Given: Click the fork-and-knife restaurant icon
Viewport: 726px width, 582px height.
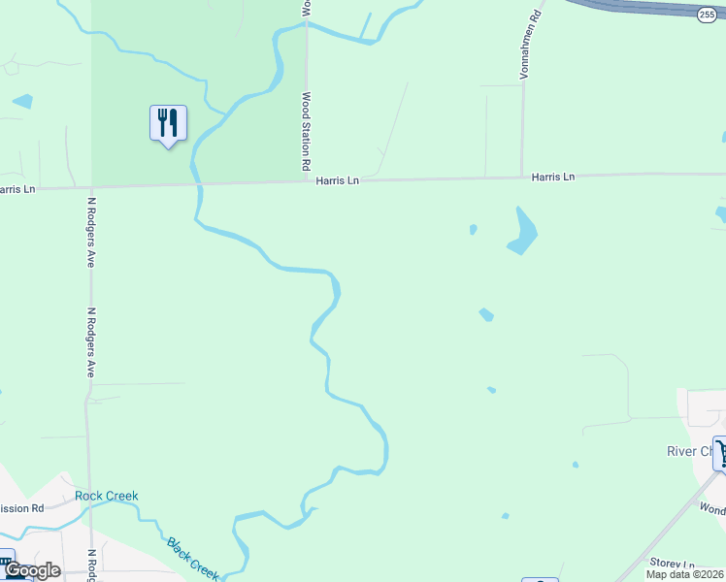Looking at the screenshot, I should click(x=168, y=122).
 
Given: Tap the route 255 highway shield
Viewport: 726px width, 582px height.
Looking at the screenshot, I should click(x=706, y=12).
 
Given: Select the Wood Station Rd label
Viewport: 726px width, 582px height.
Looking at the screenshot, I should click(x=306, y=126).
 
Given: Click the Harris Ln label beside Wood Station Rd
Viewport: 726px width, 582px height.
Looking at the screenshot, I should click(x=337, y=180).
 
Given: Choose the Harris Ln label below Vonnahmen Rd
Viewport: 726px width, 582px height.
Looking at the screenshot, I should click(x=553, y=177).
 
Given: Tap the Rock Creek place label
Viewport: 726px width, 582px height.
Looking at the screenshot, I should click(x=107, y=496).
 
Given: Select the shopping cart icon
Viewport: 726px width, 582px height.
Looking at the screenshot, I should click(x=721, y=452).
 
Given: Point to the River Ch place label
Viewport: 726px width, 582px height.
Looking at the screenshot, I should click(x=688, y=451).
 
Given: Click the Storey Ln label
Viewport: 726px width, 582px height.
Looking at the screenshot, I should click(x=673, y=564).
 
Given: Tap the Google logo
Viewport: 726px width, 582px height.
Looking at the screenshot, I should click(x=32, y=570).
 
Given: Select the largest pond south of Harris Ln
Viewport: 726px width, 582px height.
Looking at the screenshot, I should click(x=523, y=233).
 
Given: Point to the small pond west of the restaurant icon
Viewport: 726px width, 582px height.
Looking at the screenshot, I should click(x=22, y=100).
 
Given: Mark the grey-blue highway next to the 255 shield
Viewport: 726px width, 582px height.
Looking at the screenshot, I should click(x=641, y=7).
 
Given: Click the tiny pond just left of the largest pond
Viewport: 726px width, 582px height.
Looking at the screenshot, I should click(x=473, y=229).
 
